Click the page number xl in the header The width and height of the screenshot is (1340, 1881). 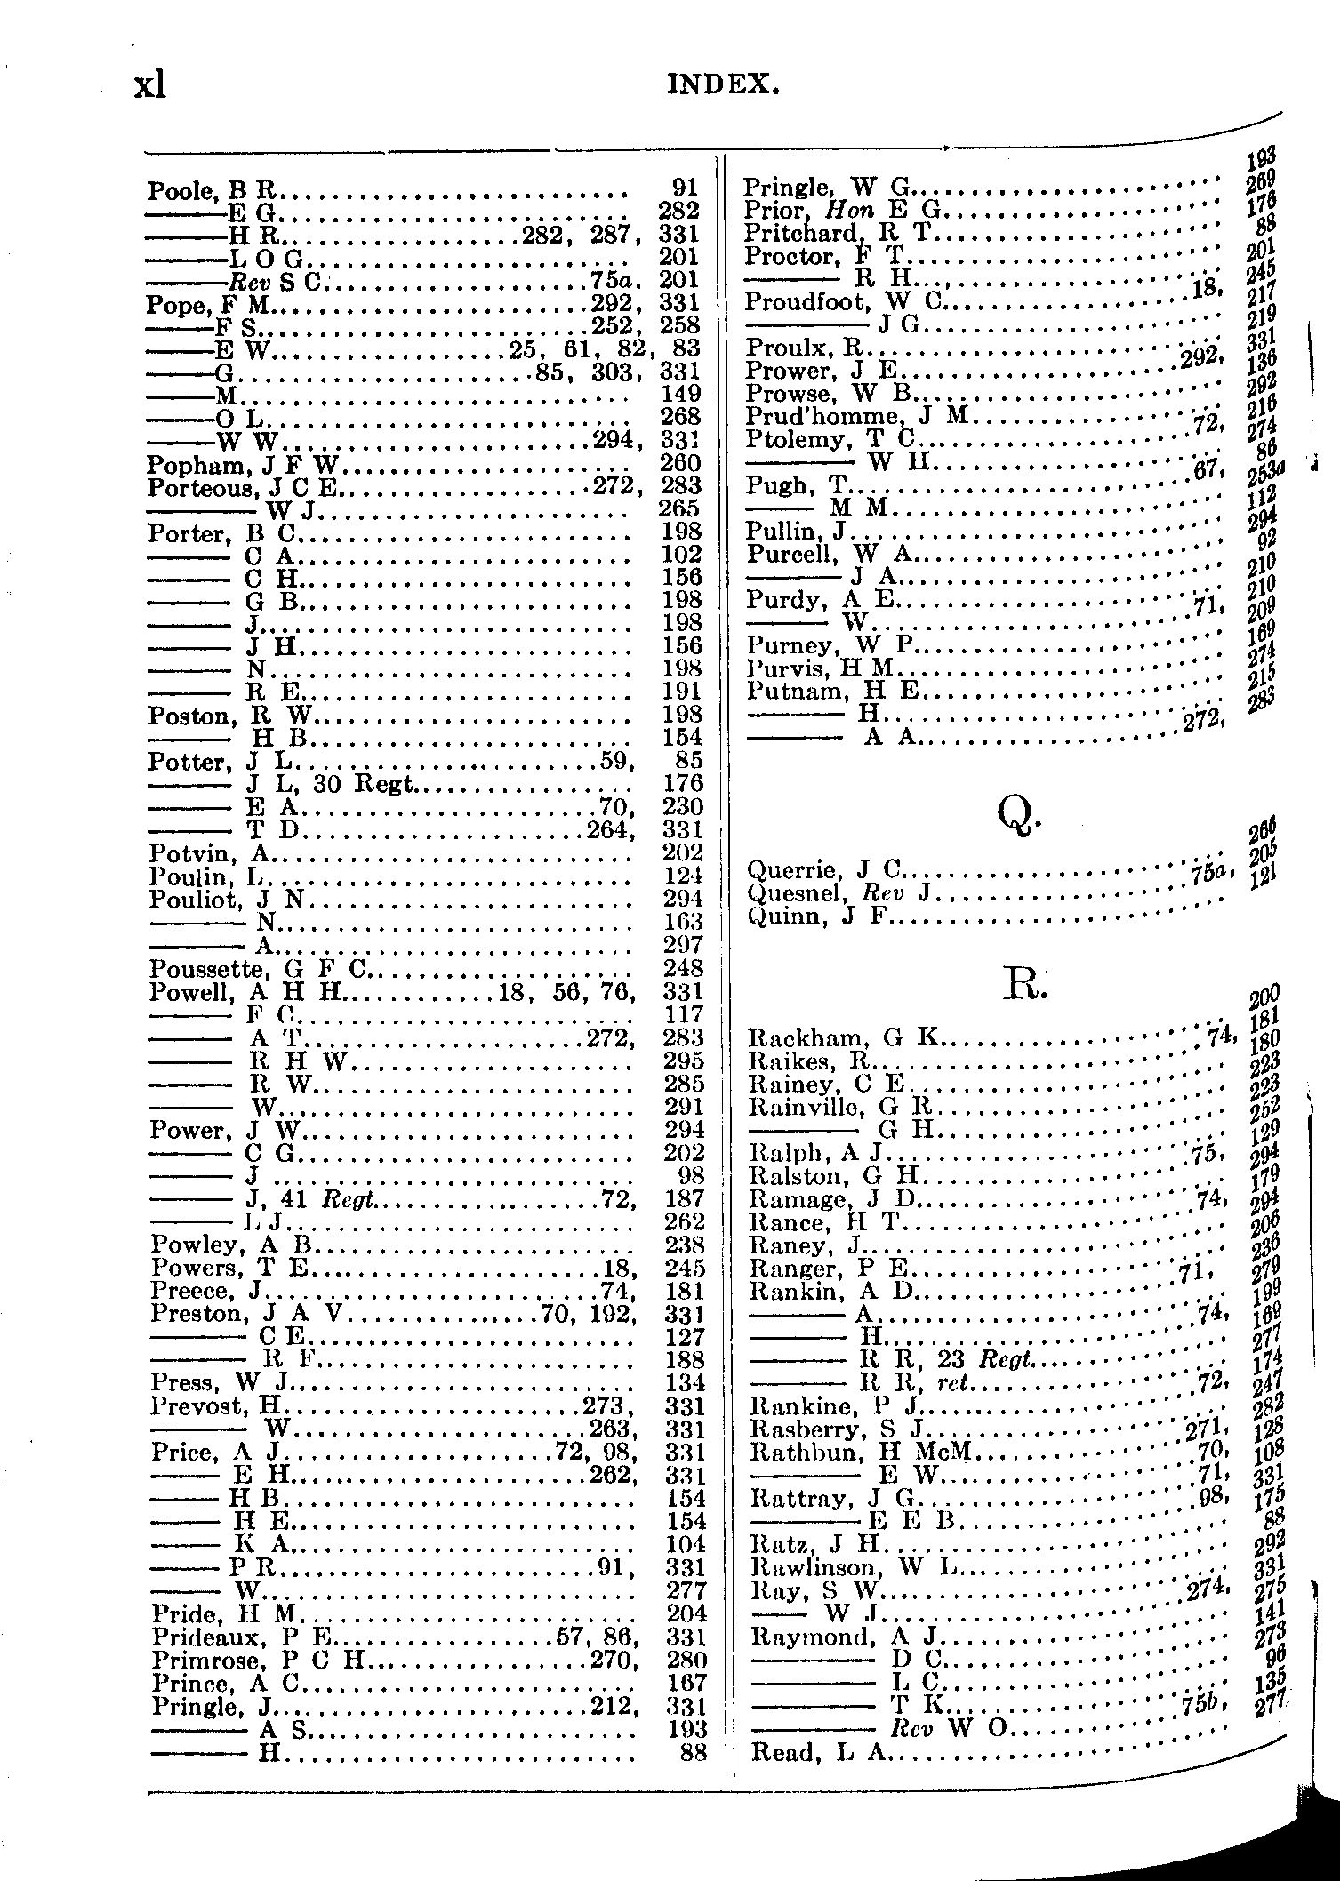point(150,85)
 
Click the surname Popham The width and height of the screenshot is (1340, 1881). point(185,464)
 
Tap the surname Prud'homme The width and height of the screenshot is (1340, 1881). point(821,417)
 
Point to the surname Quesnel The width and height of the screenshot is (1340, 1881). point(789,892)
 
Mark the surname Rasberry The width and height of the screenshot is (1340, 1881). point(793,1430)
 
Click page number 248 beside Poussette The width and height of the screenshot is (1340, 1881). point(683,968)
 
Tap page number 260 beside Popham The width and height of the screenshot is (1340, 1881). point(682,463)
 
